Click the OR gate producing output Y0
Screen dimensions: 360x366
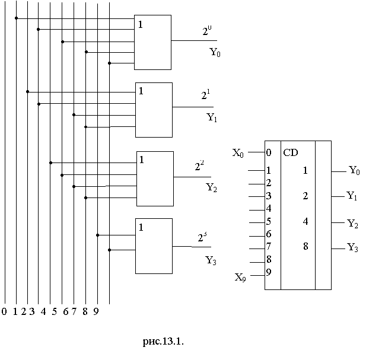(153, 42)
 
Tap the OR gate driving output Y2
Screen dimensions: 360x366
(155, 178)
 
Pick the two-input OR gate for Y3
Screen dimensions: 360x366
(154, 246)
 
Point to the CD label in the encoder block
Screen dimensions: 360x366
(291, 152)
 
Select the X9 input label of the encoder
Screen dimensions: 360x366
(239, 276)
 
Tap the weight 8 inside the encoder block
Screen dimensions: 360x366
(305, 246)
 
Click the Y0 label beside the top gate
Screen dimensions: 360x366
(215, 52)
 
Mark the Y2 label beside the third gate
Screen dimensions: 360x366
(212, 188)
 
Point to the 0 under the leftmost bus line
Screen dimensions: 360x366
(4, 311)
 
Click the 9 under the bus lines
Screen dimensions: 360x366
(96, 311)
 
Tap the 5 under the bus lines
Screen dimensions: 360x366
(54, 311)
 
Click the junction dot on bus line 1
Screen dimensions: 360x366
(16, 18)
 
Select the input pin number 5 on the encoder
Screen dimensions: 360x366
(269, 221)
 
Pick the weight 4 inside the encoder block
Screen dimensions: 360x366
(305, 221)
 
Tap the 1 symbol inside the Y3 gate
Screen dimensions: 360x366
(141, 227)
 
